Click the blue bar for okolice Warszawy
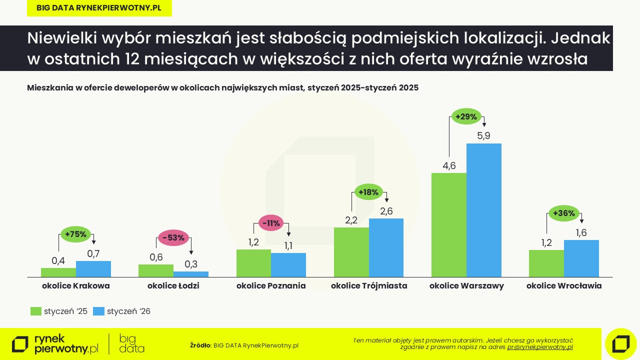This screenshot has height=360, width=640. [x=483, y=210]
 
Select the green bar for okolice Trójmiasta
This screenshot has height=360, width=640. [x=351, y=252]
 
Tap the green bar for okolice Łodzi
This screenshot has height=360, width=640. [x=156, y=270]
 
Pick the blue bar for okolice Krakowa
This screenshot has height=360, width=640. [x=93, y=269]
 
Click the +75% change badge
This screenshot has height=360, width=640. [x=76, y=233]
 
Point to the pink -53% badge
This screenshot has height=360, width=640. [x=173, y=237]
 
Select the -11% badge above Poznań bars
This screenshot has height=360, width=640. [x=271, y=223]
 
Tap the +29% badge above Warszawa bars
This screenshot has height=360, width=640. [x=466, y=116]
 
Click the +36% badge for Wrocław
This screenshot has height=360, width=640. [x=564, y=213]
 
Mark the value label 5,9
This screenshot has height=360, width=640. [x=483, y=135]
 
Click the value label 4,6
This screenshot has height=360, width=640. [x=449, y=166]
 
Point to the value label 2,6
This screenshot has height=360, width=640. [x=386, y=211]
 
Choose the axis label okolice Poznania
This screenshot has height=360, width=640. [x=271, y=286]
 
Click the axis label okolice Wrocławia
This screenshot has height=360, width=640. [x=564, y=286]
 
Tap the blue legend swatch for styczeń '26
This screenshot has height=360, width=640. [x=99, y=311]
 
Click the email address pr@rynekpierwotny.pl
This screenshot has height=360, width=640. [x=540, y=347]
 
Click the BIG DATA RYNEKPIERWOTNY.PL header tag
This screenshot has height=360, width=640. [x=99, y=8]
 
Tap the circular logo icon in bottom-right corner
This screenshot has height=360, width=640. [x=620, y=344]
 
